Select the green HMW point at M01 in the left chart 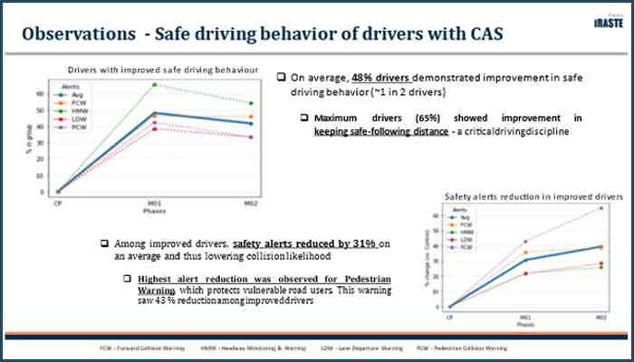point(155,84)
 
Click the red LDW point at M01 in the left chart point(155,129)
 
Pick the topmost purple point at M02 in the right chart point(600,208)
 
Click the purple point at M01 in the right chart point(524,242)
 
